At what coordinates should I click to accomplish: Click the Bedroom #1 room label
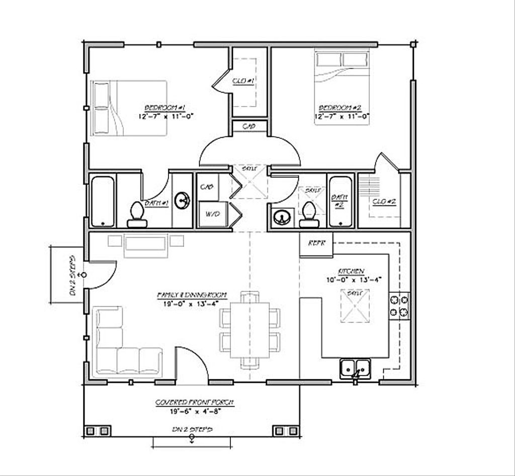point(165,108)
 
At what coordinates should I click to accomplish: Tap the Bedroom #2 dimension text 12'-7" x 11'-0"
point(341,116)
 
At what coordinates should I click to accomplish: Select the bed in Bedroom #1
point(129,108)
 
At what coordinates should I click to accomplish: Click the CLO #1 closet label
point(244,80)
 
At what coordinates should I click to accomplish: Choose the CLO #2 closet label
point(384,202)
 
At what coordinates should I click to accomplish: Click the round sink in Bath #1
point(183,201)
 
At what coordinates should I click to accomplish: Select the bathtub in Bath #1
point(103,201)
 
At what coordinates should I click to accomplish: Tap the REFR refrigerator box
point(316,243)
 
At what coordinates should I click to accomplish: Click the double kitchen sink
point(355,368)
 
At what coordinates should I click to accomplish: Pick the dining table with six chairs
point(250,330)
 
